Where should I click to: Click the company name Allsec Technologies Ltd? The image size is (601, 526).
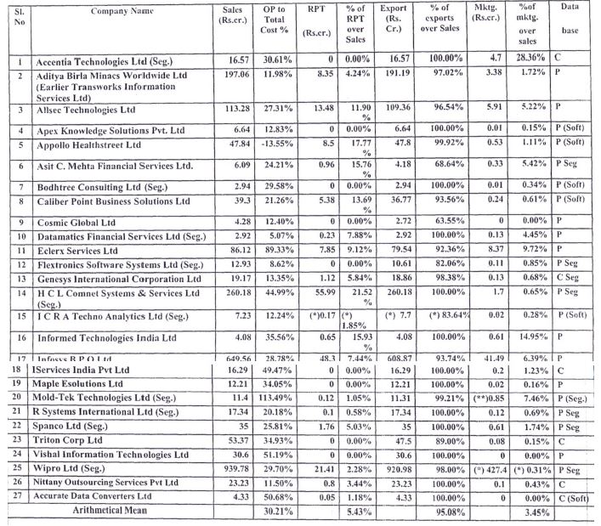click(x=85, y=110)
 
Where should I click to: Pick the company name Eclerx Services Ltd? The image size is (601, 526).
click(x=76, y=252)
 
